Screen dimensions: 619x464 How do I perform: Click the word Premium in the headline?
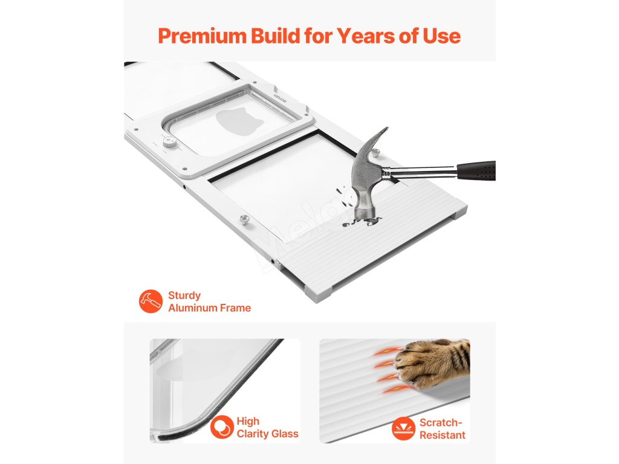(202, 36)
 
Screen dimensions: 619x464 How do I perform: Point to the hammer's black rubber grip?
(476, 170)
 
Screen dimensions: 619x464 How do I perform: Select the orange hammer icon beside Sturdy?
(151, 301)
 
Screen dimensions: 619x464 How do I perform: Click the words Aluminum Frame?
(209, 308)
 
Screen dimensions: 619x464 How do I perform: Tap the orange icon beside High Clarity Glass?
(222, 427)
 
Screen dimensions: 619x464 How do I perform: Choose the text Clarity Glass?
(267, 434)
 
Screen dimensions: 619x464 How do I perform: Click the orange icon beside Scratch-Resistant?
(403, 428)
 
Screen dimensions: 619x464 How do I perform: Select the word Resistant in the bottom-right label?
(442, 435)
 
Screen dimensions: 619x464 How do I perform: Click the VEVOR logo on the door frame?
(280, 97)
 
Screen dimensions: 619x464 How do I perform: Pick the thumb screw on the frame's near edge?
(245, 219)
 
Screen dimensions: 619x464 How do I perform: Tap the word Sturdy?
(184, 295)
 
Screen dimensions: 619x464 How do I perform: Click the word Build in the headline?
(275, 36)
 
